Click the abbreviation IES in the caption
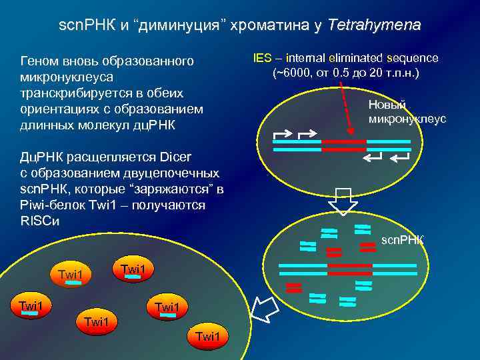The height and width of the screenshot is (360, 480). click(263, 58)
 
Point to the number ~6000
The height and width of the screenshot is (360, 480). click(292, 72)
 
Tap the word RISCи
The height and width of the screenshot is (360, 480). click(40, 221)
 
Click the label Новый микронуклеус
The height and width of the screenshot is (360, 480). click(407, 111)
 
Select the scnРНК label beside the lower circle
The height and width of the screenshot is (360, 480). click(402, 239)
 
